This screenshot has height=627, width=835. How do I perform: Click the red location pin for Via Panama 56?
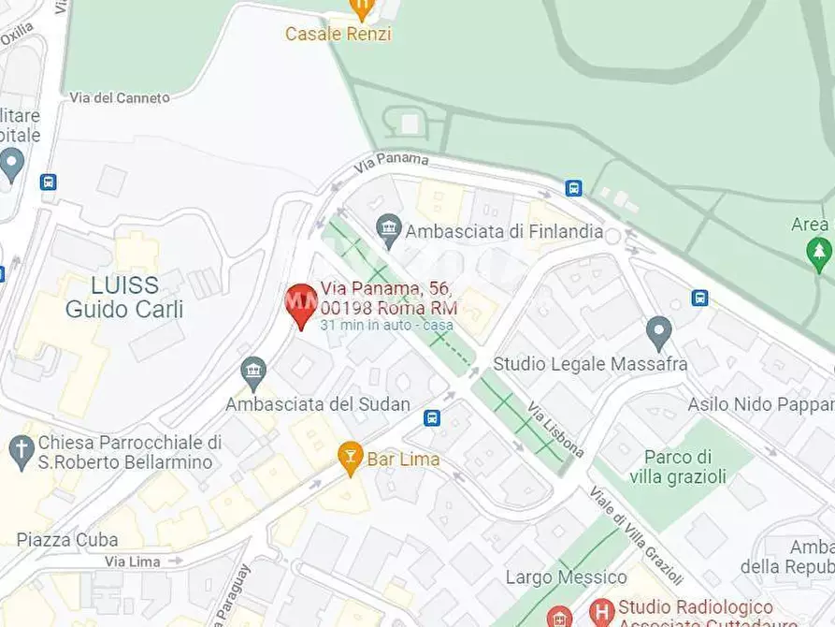pyautogui.click(x=300, y=303)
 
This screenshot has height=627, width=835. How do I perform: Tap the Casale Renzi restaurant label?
pyautogui.click(x=338, y=34)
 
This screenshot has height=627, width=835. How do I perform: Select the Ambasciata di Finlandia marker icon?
pyautogui.click(x=388, y=226)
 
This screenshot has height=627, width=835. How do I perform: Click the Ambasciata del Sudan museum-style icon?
pyautogui.click(x=253, y=372)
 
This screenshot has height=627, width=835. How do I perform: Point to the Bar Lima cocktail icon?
pyautogui.click(x=351, y=458)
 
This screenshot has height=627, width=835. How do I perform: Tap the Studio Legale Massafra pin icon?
pyautogui.click(x=659, y=332)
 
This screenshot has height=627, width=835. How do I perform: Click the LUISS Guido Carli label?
pyautogui.click(x=123, y=297)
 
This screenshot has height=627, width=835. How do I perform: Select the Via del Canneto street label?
pyautogui.click(x=120, y=97)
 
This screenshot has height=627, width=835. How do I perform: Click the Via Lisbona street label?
pyautogui.click(x=556, y=430)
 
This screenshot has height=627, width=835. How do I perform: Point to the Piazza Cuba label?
pyautogui.click(x=67, y=540)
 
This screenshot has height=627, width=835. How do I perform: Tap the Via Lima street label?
pyautogui.click(x=132, y=561)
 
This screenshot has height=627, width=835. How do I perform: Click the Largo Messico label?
pyautogui.click(x=566, y=577)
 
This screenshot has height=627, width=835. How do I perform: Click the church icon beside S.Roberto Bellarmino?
pyautogui.click(x=21, y=451)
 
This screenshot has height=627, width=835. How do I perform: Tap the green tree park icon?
pyautogui.click(x=818, y=251)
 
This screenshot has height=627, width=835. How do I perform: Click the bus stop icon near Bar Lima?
pyautogui.click(x=432, y=417)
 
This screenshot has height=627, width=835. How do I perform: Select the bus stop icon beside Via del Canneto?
pyautogui.click(x=49, y=182)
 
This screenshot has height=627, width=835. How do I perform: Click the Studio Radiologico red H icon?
pyautogui.click(x=602, y=609)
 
